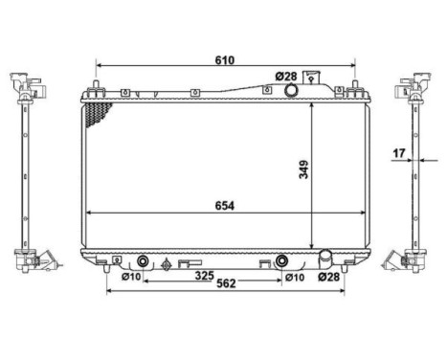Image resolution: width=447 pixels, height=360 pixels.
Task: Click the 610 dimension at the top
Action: click(225, 59)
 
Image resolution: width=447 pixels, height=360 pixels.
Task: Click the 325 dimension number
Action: click(204, 277)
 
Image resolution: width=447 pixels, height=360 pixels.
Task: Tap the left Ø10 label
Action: click(130, 278)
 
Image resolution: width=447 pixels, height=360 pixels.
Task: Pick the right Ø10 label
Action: click(295, 278)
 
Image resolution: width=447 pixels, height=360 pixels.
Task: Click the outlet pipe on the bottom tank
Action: click(324, 259)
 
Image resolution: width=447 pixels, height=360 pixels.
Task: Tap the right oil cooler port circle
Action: click(282, 261)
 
